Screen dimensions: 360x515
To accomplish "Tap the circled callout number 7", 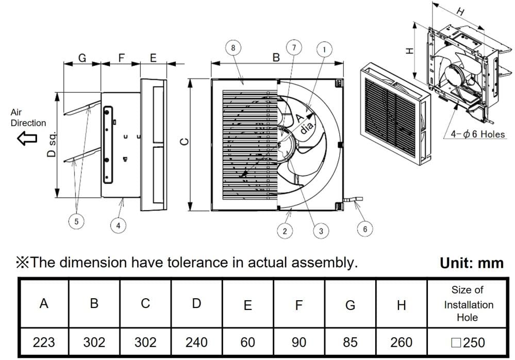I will pyautogui.click(x=294, y=47).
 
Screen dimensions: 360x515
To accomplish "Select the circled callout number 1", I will pyautogui.click(x=324, y=49).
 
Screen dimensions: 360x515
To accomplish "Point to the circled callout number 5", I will pyautogui.click(x=76, y=221).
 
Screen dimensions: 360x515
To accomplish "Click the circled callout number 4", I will pyautogui.click(x=119, y=225).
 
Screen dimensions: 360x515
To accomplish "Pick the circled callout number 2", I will pyautogui.click(x=285, y=230).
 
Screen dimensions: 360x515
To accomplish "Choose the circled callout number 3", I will pyautogui.click(x=321, y=230).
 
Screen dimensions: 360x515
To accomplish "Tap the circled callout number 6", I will pyautogui.click(x=365, y=229).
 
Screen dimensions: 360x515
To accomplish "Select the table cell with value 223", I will pyautogui.click(x=44, y=342).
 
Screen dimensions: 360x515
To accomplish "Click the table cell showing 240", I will pyautogui.click(x=196, y=342).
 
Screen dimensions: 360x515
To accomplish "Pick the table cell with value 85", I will pyautogui.click(x=350, y=342).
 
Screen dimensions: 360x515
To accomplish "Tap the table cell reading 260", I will pyautogui.click(x=402, y=342).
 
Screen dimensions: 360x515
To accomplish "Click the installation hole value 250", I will pyautogui.click(x=468, y=342).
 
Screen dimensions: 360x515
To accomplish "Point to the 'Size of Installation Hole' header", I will pyautogui.click(x=468, y=304).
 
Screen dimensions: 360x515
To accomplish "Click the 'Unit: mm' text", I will pyautogui.click(x=471, y=263).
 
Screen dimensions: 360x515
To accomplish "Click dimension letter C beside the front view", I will pyautogui.click(x=187, y=141).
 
